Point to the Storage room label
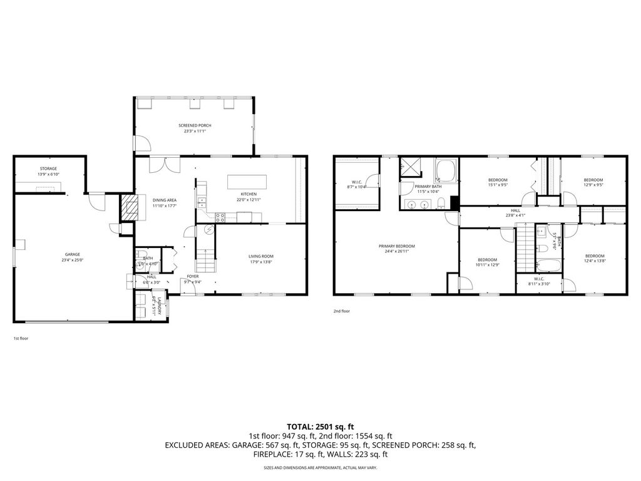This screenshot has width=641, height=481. pyautogui.click(x=49, y=168)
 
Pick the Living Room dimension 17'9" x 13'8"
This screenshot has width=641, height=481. pyautogui.click(x=261, y=262)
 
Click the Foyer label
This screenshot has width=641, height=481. pyautogui.click(x=193, y=276)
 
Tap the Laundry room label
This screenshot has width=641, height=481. pyautogui.click(x=159, y=307)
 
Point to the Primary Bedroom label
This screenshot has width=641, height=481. pyautogui.click(x=396, y=246)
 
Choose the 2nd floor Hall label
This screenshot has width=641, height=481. pyautogui.click(x=515, y=210)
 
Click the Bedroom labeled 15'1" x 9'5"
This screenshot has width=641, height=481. pyautogui.click(x=498, y=180)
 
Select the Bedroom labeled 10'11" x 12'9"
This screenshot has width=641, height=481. pyautogui.click(x=487, y=259)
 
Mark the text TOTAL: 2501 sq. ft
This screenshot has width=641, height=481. pyautogui.click(x=320, y=426)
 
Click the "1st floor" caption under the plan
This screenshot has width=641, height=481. pyautogui.click(x=21, y=338)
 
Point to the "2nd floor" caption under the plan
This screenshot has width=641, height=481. pyautogui.click(x=341, y=309)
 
